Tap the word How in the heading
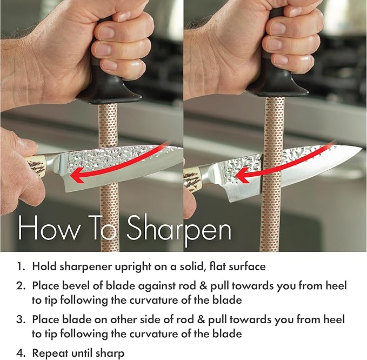click(49, 228)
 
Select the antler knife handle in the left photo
click(35, 165)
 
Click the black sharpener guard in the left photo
click(109, 90)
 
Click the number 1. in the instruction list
click(21, 266)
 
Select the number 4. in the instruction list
click(22, 353)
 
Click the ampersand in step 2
click(203, 286)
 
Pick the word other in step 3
click(122, 319)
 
